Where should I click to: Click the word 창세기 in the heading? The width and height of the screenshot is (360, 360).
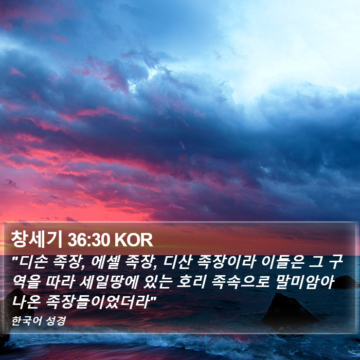click(x=37, y=240)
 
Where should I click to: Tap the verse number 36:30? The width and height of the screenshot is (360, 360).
click(x=88, y=240)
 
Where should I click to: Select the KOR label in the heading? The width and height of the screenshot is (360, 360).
click(x=133, y=240)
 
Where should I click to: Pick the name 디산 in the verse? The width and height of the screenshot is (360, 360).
click(x=177, y=262)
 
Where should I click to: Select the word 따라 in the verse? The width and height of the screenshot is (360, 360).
click(x=61, y=282)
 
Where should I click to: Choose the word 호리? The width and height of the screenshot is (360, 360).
click(x=191, y=282)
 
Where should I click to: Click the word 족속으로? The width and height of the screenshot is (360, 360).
click(x=240, y=282)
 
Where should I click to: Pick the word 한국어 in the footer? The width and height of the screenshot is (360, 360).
click(x=26, y=321)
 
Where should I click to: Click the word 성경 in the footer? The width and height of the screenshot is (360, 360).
click(x=56, y=321)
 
